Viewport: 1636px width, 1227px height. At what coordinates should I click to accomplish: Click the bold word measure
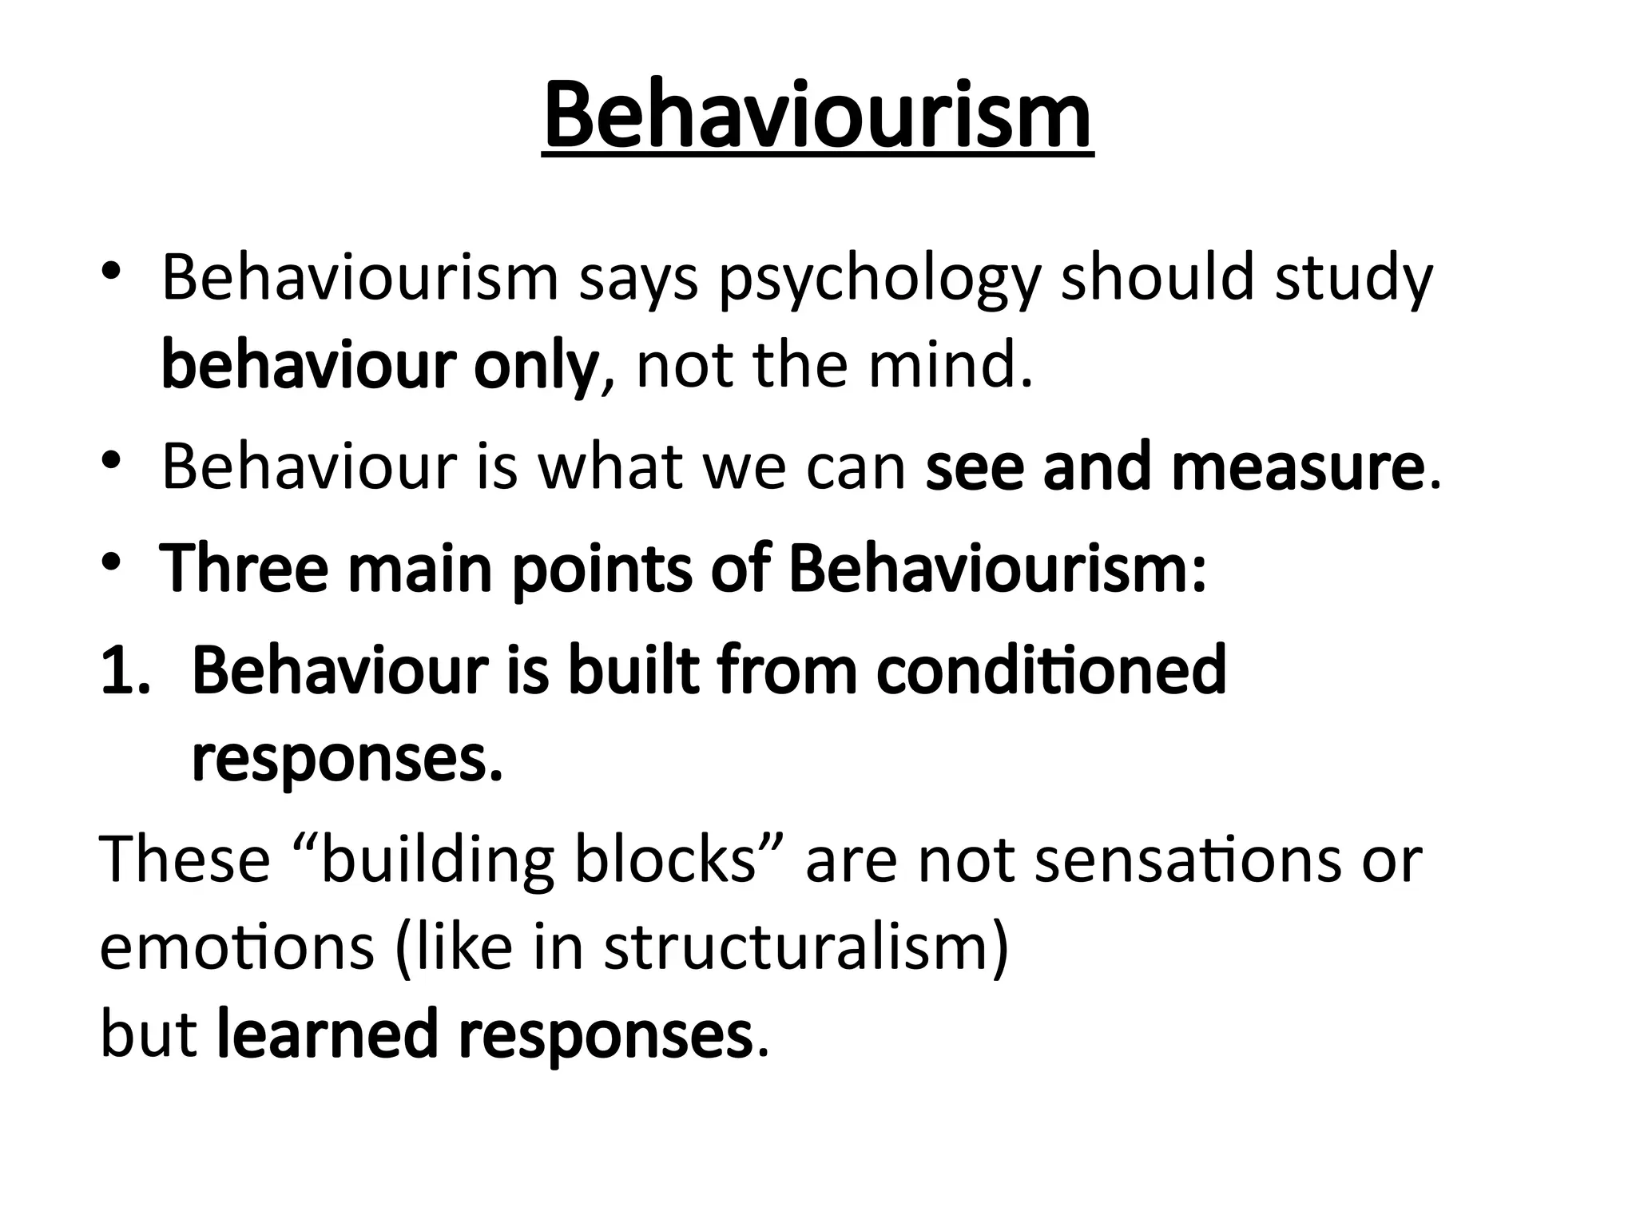click(x=1297, y=467)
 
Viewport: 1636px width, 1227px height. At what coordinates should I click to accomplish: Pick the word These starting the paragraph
click(x=185, y=860)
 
